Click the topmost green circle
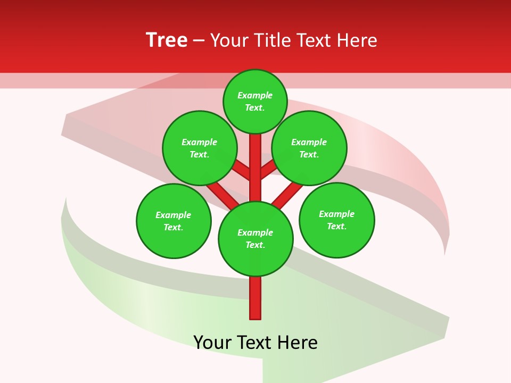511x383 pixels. tap(255, 102)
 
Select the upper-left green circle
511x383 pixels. tap(200, 148)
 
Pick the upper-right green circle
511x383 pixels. tap(309, 148)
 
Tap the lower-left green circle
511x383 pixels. tap(174, 221)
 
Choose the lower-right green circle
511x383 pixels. tap(337, 220)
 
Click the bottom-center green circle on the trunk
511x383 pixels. tap(256, 239)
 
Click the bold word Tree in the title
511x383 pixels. tap(167, 40)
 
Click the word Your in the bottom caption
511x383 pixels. tap(212, 343)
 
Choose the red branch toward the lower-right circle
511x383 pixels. tap(287, 194)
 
